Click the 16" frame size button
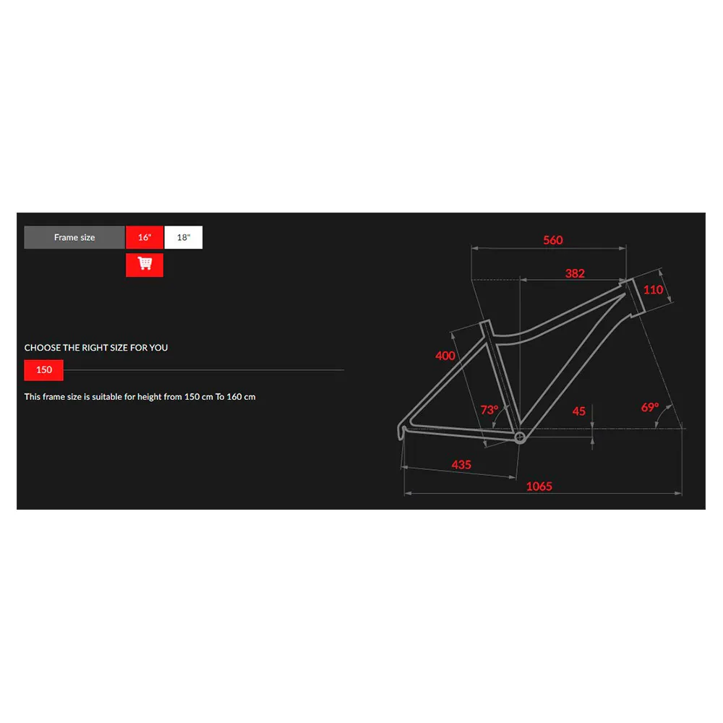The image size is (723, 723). click(x=145, y=238)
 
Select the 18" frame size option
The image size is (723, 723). click(x=184, y=238)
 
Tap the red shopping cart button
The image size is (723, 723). click(x=145, y=265)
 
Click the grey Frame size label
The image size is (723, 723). click(x=74, y=238)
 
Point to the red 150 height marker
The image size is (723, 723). click(x=44, y=370)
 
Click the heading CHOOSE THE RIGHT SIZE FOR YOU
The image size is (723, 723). click(x=96, y=348)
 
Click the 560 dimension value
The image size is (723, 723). click(x=553, y=240)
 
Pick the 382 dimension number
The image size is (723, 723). click(x=575, y=273)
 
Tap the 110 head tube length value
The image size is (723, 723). click(x=653, y=290)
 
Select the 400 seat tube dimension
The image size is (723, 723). click(x=445, y=356)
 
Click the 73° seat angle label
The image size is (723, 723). click(x=489, y=410)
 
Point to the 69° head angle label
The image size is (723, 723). click(x=650, y=407)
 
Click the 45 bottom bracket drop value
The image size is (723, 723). click(x=579, y=411)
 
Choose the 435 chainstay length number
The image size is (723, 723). click(x=461, y=465)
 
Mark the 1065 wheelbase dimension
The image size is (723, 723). click(x=539, y=486)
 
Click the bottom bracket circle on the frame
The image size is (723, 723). click(x=519, y=437)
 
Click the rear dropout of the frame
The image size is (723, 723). click(x=403, y=431)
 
